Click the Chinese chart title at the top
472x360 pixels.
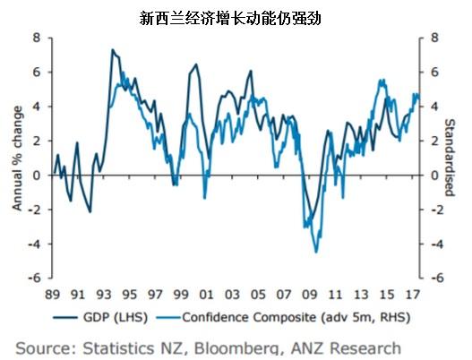[x=236, y=16]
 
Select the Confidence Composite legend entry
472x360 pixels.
[x=279, y=316]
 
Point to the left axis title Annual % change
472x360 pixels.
[x=17, y=158]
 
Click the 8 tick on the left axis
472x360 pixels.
[x=37, y=38]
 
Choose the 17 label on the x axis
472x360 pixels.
[x=411, y=293]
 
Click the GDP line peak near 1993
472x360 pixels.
[x=112, y=50]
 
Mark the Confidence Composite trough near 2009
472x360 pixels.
[x=316, y=252]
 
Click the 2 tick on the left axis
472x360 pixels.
[x=37, y=141]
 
